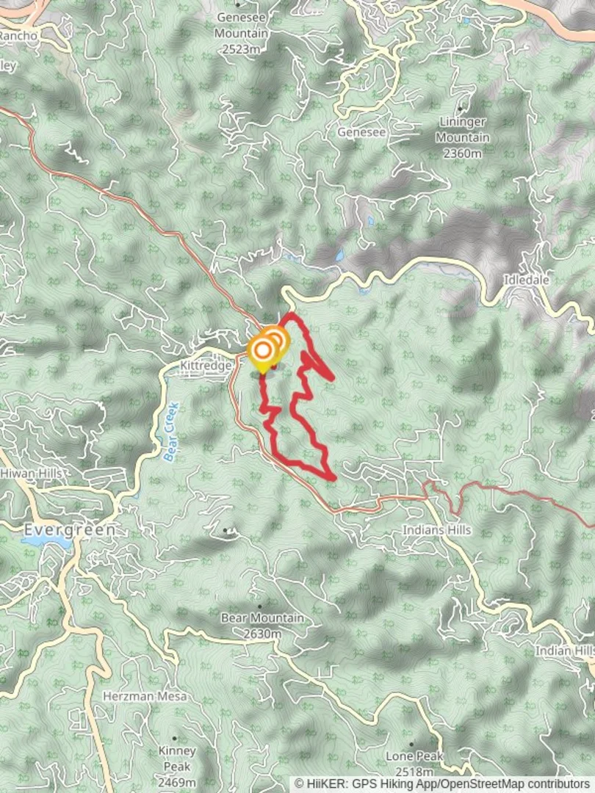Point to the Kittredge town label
point(206,365)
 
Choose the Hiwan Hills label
point(31,474)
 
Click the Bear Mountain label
point(262,618)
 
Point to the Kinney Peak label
point(177,751)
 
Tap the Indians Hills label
point(437,529)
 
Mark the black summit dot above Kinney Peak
point(175,738)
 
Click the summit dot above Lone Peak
point(411,744)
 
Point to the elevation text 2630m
point(262,634)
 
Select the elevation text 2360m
point(463,153)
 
